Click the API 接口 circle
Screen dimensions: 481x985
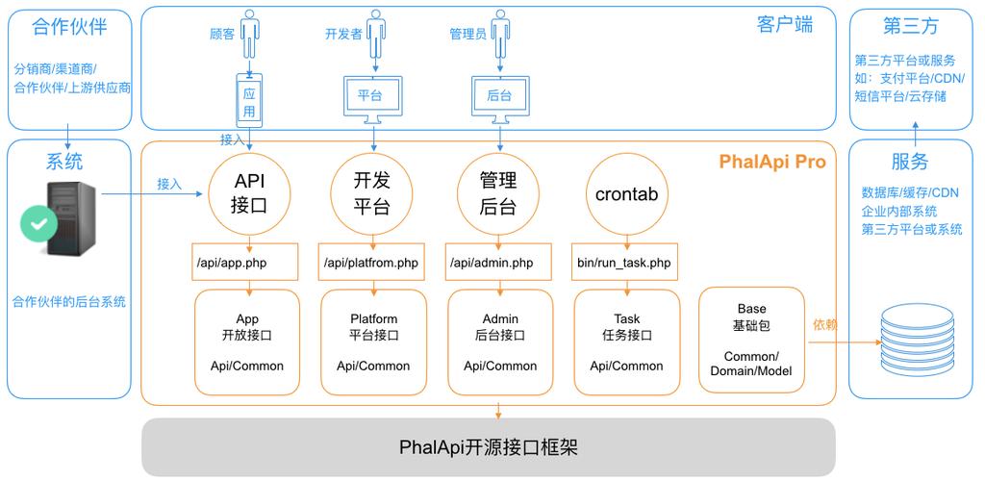click(x=249, y=193)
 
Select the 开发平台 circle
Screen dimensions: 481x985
click(x=372, y=193)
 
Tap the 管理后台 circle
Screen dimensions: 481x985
click(x=498, y=193)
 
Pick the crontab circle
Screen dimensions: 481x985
click(x=626, y=193)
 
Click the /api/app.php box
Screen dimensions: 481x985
click(x=245, y=262)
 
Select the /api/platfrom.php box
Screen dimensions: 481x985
click(x=372, y=262)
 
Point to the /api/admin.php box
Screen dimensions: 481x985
click(x=499, y=262)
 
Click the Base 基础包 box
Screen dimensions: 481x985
click(x=751, y=340)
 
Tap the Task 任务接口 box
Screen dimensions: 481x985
click(x=626, y=342)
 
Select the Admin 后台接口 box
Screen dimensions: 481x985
click(x=500, y=342)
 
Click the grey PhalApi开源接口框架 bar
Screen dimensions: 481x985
click(x=489, y=447)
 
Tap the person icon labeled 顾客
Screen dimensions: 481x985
click(x=249, y=35)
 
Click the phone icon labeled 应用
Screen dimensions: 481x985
click(x=249, y=102)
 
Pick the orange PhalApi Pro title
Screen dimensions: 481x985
click(x=771, y=162)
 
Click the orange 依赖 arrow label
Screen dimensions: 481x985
click(x=825, y=325)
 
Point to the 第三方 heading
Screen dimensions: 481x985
click(x=910, y=26)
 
